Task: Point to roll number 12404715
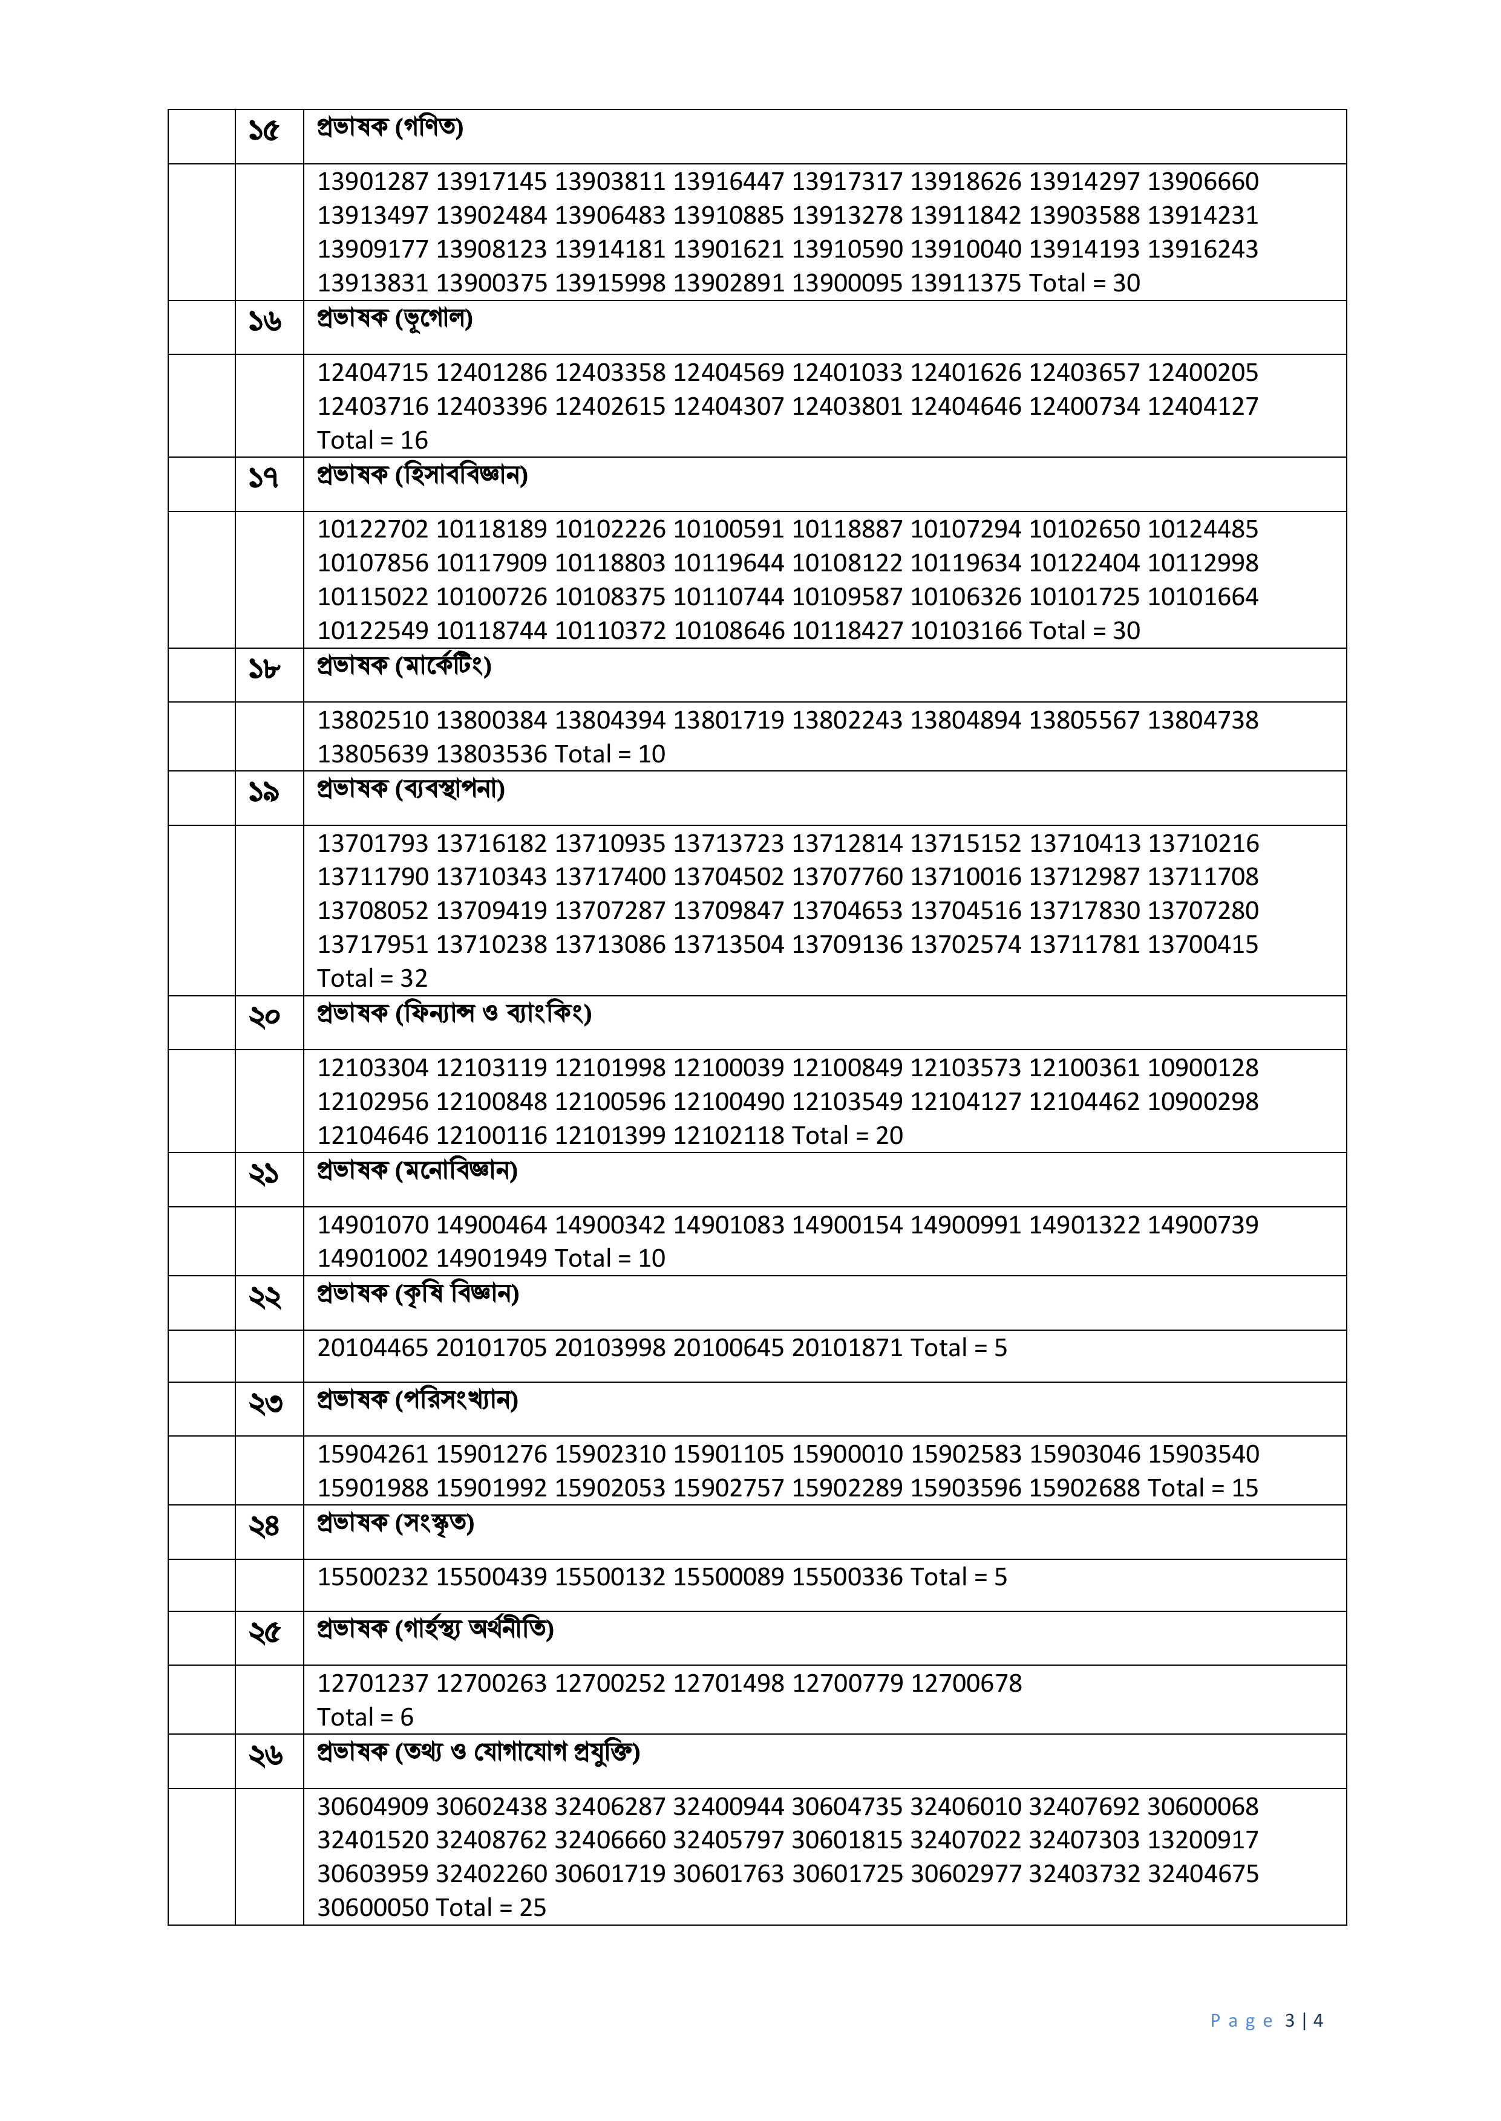(x=373, y=372)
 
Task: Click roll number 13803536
(x=492, y=754)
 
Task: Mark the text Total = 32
(x=373, y=978)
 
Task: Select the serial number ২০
(x=264, y=1017)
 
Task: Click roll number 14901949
(x=492, y=1258)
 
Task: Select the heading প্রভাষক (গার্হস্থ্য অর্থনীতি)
(x=434, y=1629)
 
